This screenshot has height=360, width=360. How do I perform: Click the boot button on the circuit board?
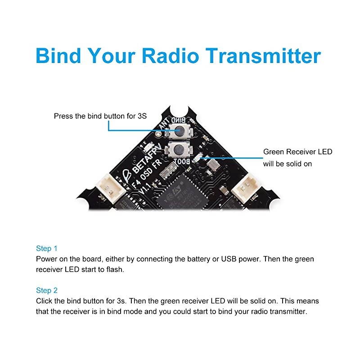point(177,149)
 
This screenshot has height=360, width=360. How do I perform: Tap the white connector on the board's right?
point(247,185)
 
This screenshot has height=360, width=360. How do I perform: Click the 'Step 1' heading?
point(47,248)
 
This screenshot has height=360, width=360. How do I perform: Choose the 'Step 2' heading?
point(47,290)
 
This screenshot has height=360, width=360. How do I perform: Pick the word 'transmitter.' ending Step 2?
point(288,311)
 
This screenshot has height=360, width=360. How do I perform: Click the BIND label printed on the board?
point(182,119)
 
